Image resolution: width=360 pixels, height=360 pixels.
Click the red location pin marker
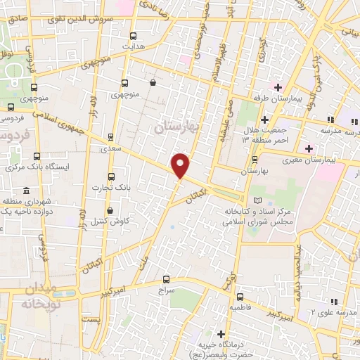pyautogui.click(x=181, y=166)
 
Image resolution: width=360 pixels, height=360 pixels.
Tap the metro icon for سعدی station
pyautogui.click(x=110, y=137)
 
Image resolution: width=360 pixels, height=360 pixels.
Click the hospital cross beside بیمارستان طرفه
pyautogui.click(x=278, y=88)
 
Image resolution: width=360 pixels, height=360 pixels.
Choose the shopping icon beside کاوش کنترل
pyautogui.click(x=109, y=210)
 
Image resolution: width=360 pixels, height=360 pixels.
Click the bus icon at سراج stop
pyautogui.click(x=166, y=279)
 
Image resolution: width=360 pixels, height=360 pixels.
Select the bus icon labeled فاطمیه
pyautogui.click(x=240, y=297)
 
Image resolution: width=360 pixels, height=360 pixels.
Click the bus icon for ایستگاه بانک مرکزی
pyautogui.click(x=37, y=156)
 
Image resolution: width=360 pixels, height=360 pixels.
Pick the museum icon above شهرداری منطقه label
pyautogui.click(x=26, y=191)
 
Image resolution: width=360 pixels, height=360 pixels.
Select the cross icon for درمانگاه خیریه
pyautogui.click(x=221, y=334)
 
